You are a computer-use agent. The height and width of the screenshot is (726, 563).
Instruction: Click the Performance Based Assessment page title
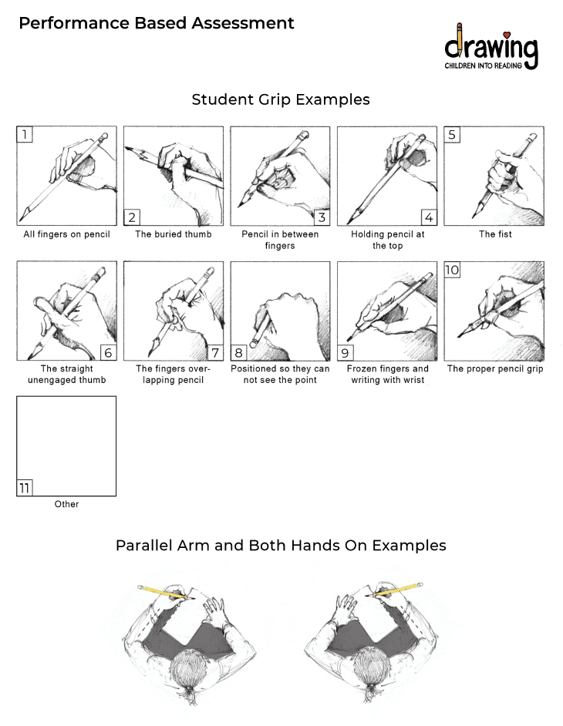(157, 23)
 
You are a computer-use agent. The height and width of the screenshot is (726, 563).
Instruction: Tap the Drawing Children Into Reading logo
(491, 48)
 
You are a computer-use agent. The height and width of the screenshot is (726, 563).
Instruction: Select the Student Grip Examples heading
(281, 99)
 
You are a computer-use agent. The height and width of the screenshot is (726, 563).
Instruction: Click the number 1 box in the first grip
(25, 135)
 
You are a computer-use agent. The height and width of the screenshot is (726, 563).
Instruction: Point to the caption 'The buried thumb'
(174, 234)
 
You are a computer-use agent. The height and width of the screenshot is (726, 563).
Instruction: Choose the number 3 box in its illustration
(321, 217)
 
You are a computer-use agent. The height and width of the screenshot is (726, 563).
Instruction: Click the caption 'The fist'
(495, 234)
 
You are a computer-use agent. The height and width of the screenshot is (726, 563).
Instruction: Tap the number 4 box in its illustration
(428, 217)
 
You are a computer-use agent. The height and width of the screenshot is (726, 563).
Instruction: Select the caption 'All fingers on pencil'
(66, 234)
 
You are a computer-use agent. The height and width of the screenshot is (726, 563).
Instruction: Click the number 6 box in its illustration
(107, 352)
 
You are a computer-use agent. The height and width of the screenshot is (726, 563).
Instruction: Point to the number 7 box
(214, 352)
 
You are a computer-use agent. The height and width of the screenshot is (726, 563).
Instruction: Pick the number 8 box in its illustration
(239, 352)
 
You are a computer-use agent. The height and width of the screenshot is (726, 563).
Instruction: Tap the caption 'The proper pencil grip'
(495, 368)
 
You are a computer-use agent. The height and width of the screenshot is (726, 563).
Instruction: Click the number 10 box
(453, 270)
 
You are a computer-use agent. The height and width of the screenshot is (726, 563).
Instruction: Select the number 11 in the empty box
(25, 487)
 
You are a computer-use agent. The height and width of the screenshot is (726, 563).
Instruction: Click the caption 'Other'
(66, 504)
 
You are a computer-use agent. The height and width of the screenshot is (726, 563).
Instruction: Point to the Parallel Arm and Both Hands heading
(281, 545)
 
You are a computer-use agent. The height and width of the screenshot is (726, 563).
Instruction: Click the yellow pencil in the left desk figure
(164, 592)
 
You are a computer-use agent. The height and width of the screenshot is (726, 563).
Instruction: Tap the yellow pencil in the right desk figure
(398, 591)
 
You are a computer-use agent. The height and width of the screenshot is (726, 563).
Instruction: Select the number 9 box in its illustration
(346, 352)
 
